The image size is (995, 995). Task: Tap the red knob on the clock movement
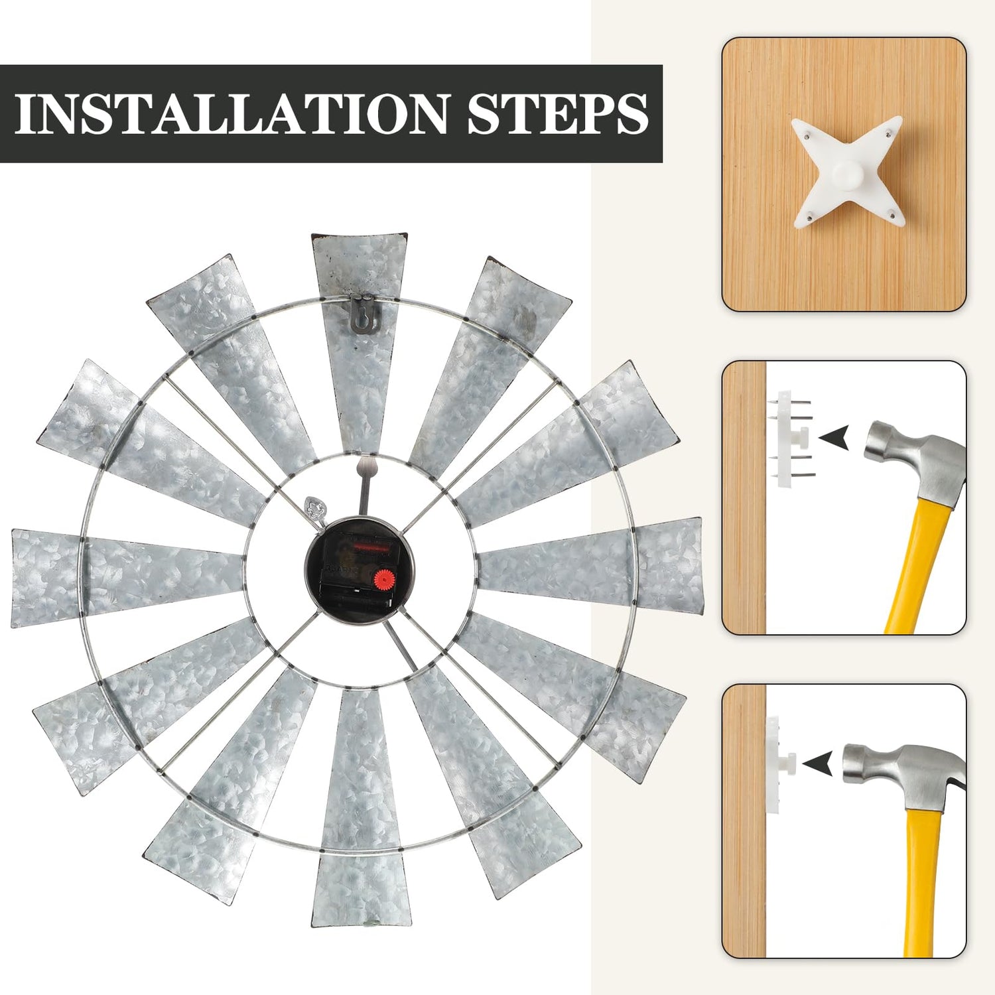pos(382,577)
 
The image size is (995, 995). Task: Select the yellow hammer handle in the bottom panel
pos(919,876)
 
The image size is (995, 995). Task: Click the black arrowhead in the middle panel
pos(834,438)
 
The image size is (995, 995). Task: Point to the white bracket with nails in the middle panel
pos(791,438)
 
